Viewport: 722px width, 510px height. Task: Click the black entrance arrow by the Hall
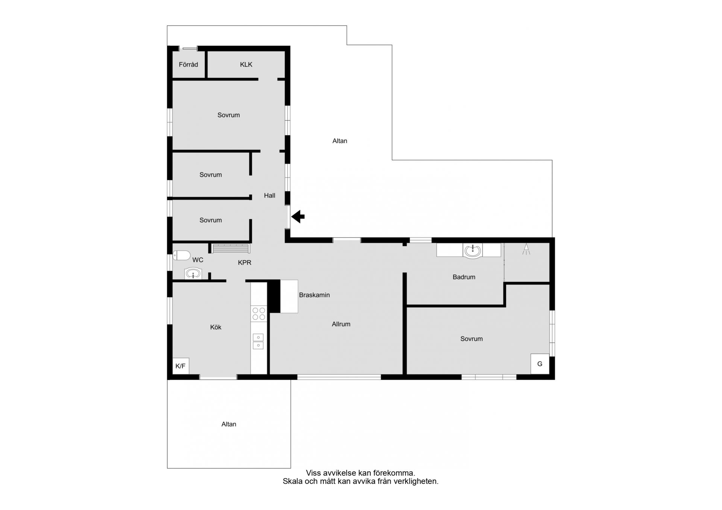click(298, 216)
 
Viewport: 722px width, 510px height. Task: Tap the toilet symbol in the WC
click(182, 256)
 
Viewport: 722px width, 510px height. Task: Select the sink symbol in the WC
click(193, 274)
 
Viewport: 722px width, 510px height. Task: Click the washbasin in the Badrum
click(473, 251)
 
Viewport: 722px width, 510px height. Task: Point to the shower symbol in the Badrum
click(526, 249)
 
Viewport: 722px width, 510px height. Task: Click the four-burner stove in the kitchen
click(259, 314)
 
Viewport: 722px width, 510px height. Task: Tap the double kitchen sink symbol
click(258, 341)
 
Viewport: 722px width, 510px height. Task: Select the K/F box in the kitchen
click(180, 366)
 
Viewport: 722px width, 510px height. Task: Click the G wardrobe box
click(540, 364)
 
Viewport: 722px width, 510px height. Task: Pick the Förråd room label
click(188, 65)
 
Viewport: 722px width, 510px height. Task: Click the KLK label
click(246, 65)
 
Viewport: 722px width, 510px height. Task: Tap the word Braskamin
click(314, 295)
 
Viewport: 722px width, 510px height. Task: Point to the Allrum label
click(341, 324)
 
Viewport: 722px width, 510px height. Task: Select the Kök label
click(216, 327)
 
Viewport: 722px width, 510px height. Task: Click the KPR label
click(244, 263)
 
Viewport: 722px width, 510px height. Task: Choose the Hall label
click(270, 195)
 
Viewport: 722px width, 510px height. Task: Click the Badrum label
click(464, 277)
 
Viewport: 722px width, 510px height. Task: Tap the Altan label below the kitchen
click(229, 424)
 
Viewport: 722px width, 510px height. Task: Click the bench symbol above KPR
click(231, 248)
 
